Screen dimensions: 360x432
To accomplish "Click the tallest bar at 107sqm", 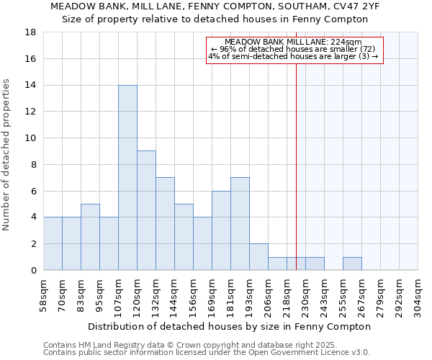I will coord(127,178).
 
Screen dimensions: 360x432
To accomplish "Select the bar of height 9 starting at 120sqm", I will coord(146,210).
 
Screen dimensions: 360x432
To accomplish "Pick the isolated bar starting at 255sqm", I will coord(352,264).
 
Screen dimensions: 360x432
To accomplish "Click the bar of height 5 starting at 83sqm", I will coord(90,237).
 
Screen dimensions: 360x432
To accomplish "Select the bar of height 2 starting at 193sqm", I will coord(258,257).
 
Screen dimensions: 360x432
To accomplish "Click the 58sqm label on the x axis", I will coord(44,294).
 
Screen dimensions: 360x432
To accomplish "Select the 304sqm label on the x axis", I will coord(418,294).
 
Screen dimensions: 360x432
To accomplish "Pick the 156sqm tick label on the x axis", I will coord(194,294).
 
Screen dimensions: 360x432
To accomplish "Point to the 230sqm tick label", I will coord(306,294).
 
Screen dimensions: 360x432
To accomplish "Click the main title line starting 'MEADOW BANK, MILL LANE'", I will coord(215,6).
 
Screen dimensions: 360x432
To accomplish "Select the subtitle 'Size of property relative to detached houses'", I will coord(215,19).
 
